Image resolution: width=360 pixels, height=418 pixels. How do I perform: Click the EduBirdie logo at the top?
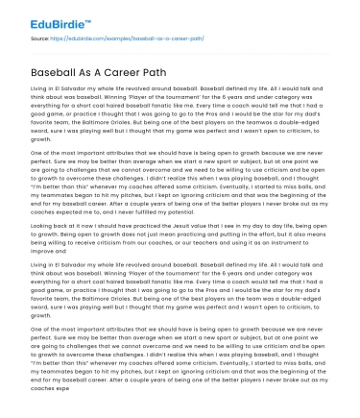tap(44, 17)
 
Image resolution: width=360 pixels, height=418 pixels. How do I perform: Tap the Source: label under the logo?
tap(40, 39)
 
